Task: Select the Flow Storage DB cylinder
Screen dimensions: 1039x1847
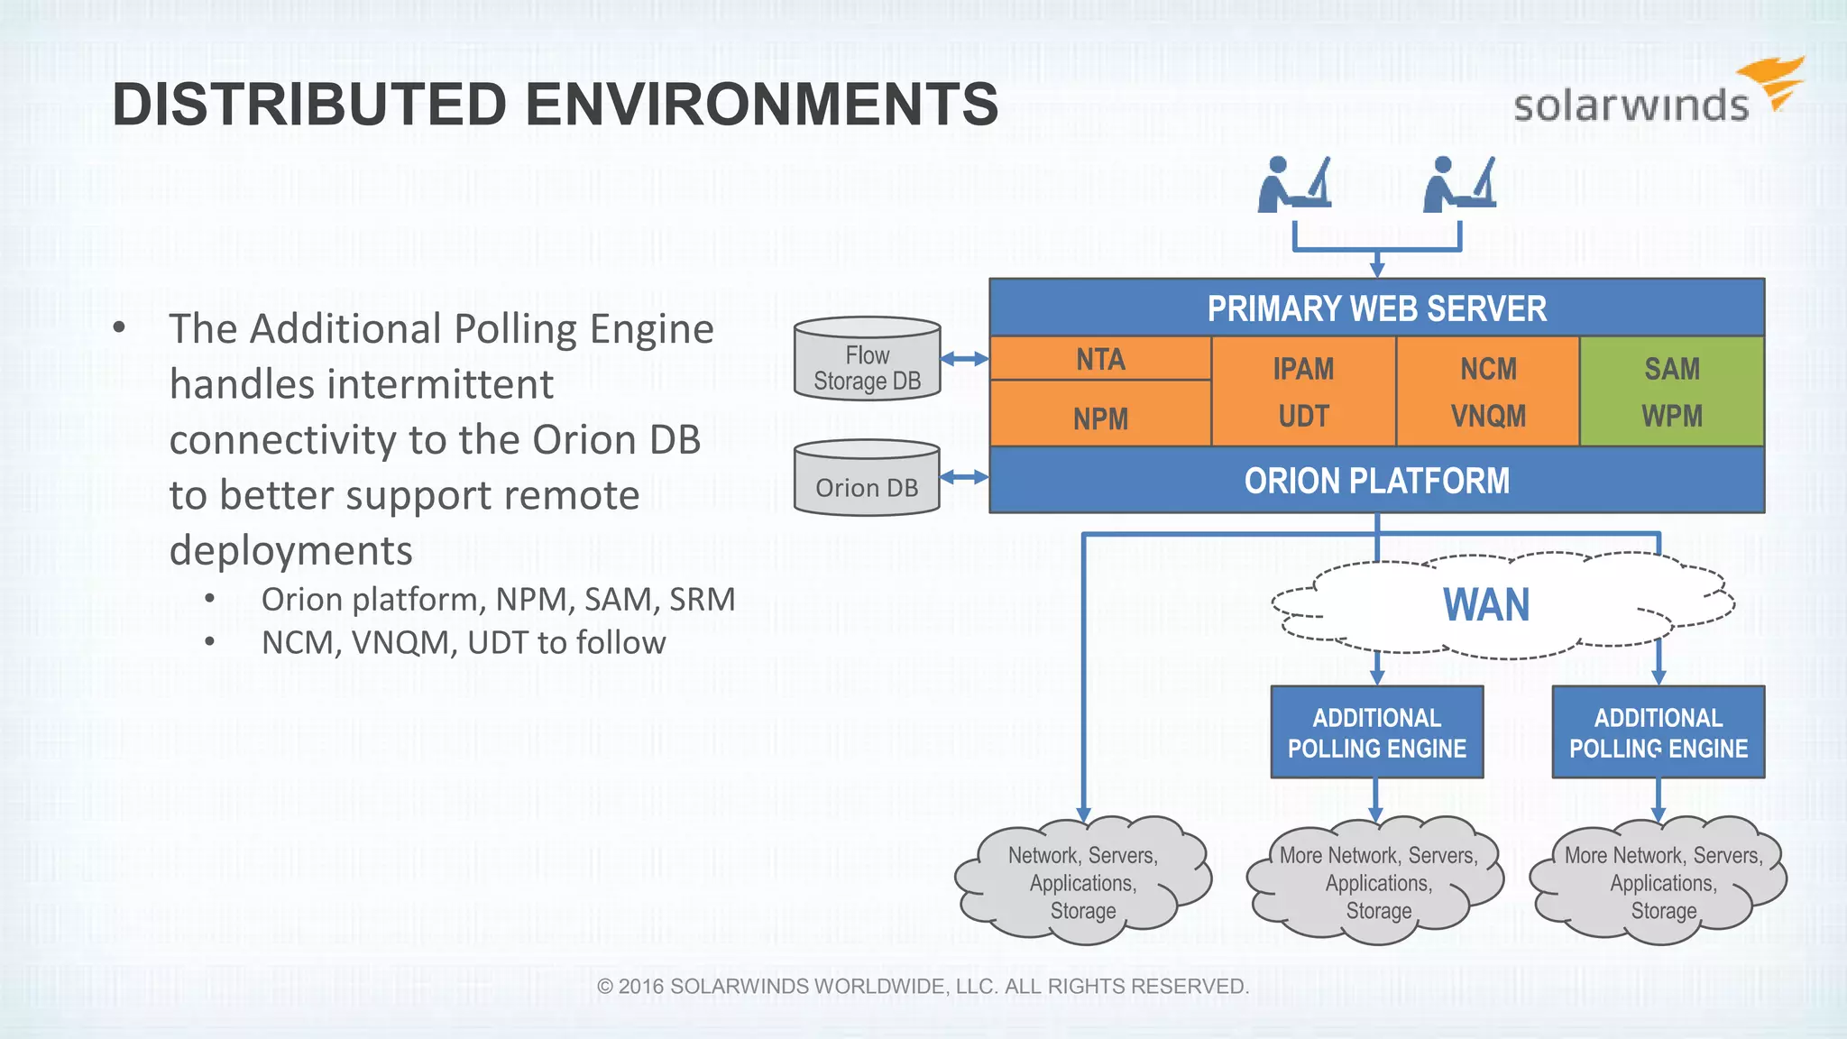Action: (x=867, y=359)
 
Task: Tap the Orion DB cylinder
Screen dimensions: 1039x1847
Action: (x=867, y=479)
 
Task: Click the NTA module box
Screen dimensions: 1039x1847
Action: (x=1100, y=359)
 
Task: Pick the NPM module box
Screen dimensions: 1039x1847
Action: (x=1100, y=418)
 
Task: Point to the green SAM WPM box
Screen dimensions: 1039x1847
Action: (x=1671, y=391)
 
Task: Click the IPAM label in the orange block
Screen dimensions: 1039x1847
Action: (x=1303, y=369)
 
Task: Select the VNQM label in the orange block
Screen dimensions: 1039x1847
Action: (x=1488, y=416)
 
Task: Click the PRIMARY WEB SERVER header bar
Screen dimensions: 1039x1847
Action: (x=1376, y=308)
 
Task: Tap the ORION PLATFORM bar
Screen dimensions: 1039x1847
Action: (x=1376, y=481)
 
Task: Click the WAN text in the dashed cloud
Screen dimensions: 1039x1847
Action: (x=1486, y=605)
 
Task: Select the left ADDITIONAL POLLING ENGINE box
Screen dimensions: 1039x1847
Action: (x=1376, y=732)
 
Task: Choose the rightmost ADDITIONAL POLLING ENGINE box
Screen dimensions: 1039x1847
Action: (x=1658, y=732)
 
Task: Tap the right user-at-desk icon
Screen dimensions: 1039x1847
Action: (x=1458, y=185)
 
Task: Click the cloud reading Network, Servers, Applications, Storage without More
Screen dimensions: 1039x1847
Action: (x=1082, y=882)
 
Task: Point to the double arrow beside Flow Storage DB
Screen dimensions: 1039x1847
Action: (x=964, y=359)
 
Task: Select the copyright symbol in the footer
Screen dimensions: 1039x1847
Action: (x=605, y=987)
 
